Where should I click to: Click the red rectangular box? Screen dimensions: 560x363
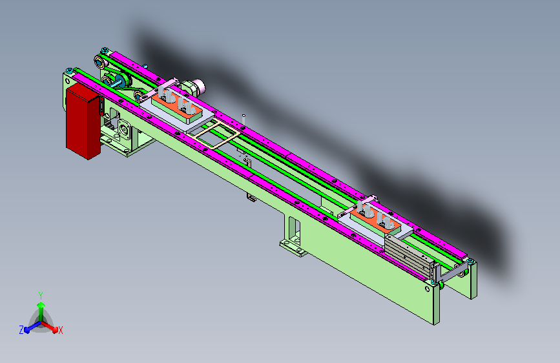pyautogui.click(x=83, y=121)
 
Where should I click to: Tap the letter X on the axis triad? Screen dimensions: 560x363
pyautogui.click(x=60, y=331)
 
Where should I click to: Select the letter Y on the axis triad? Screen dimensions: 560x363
pyautogui.click(x=41, y=296)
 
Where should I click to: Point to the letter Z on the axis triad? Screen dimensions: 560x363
pyautogui.click(x=21, y=330)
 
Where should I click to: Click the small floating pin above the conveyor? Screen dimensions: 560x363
pyautogui.click(x=244, y=119)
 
